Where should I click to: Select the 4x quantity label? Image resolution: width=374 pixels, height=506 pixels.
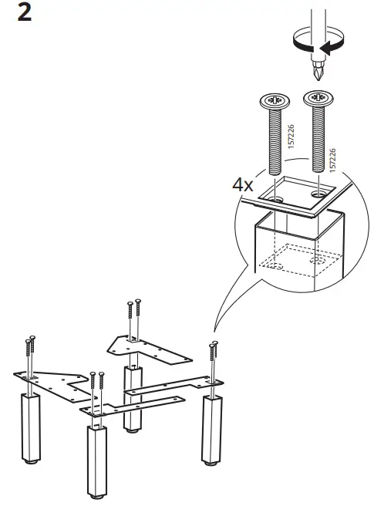pos(243,185)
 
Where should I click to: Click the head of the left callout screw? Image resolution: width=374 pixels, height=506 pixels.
pos(275,102)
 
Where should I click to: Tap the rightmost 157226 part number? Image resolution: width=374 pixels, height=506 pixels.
pos(332,161)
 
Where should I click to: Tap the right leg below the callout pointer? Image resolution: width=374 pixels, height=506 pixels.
pos(211,432)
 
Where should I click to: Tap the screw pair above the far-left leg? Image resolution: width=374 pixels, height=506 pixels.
pos(31,351)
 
